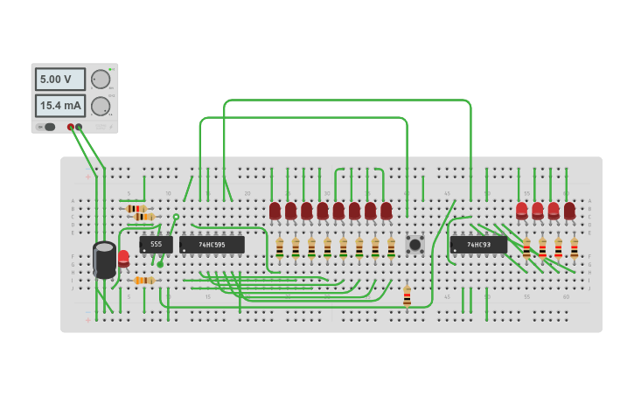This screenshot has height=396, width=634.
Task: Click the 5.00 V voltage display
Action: (59, 80)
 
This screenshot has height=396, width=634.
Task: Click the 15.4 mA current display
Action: (59, 106)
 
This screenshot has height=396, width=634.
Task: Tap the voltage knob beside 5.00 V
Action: (101, 80)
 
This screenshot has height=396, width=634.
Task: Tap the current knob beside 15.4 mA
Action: (101, 106)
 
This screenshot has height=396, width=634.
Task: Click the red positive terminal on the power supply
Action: (71, 128)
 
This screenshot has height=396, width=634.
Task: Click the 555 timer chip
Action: (156, 245)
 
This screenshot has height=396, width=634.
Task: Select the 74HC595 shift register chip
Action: (212, 245)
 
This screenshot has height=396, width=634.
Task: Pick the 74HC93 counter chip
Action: (477, 245)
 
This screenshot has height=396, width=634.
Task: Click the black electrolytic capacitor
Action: (104, 260)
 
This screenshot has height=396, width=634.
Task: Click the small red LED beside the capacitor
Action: (123, 258)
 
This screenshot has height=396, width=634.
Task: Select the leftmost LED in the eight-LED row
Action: (275, 212)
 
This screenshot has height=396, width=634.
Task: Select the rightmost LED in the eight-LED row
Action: (386, 212)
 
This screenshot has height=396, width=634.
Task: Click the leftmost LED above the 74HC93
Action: (522, 212)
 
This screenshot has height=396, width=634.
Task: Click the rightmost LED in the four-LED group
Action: (569, 212)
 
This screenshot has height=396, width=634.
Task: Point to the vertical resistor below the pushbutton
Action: (407, 295)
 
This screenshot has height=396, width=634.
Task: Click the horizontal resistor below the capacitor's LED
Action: (144, 281)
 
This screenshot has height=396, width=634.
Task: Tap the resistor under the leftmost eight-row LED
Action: (280, 247)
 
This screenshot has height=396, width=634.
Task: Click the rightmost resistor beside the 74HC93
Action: (575, 247)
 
